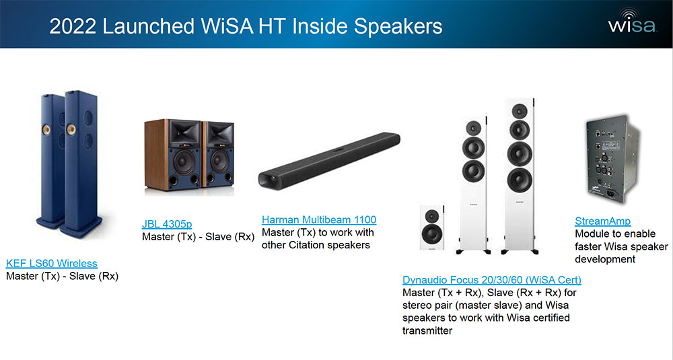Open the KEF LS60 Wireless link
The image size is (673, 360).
[51, 263]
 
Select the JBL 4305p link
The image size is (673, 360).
[167, 224]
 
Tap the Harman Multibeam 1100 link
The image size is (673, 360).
[318, 219]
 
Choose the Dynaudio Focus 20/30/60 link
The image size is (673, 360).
[491, 279]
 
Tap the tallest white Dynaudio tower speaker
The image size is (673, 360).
[518, 175]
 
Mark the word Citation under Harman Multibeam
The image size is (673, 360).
[311, 244]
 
